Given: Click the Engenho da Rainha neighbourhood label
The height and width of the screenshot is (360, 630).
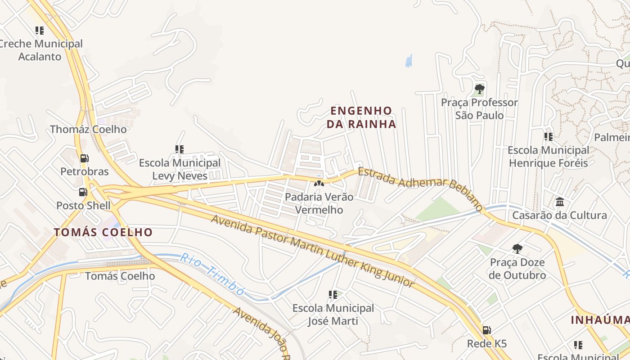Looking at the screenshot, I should click(x=361, y=117).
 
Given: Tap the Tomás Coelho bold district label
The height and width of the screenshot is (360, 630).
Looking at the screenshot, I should click(x=103, y=232).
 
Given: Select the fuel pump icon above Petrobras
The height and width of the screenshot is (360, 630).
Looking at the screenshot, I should click(x=84, y=158).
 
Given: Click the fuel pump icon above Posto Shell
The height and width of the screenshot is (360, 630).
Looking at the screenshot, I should click(x=83, y=192).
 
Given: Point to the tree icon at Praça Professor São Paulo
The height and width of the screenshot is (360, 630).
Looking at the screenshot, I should click(x=479, y=89).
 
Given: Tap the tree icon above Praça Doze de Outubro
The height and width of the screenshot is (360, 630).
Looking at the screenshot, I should click(x=517, y=248).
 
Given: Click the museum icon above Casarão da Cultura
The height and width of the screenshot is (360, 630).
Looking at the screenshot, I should click(x=560, y=202).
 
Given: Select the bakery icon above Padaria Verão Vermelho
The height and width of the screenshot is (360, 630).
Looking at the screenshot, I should click(x=319, y=183).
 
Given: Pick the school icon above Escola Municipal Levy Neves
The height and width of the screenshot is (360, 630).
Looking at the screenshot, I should click(x=180, y=149).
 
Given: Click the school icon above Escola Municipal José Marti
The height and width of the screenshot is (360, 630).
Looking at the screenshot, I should click(x=333, y=295).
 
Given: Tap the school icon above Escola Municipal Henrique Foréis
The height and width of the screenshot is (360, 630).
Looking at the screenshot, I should click(x=548, y=136).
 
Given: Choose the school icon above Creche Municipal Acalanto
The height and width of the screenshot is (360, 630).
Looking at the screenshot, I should click(x=40, y=31).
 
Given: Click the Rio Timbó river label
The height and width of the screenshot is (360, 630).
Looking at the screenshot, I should click(x=212, y=274).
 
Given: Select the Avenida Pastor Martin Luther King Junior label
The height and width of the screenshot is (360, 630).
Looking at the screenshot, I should click(x=312, y=250).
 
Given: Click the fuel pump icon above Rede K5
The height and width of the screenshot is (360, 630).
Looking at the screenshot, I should click(x=486, y=330).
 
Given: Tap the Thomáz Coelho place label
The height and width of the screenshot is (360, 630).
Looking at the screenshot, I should click(x=88, y=129).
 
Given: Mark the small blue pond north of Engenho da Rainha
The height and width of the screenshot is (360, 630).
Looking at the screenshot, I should click(x=409, y=61).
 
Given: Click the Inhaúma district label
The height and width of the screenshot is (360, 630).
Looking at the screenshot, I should click(x=600, y=320).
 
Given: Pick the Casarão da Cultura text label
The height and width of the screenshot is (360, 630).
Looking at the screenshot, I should click(x=559, y=215).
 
